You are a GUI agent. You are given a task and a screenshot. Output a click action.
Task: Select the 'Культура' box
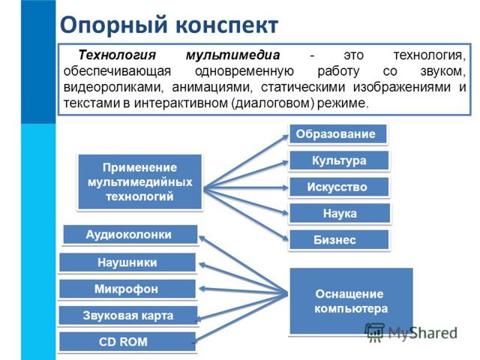click(339, 160)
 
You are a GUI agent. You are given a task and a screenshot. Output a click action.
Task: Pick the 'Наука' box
click(340, 214)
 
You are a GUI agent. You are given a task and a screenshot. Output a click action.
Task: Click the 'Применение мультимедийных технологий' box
click(140, 181)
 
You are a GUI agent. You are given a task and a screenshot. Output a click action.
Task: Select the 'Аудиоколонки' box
click(129, 235)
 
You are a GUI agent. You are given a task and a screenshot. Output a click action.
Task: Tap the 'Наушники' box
click(127, 262)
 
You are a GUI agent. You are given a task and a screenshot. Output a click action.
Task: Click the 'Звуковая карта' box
click(127, 315)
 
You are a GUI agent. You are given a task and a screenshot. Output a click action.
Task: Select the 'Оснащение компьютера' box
click(350, 301)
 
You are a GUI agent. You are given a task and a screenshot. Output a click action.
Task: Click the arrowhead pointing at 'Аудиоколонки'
click(202, 238)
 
